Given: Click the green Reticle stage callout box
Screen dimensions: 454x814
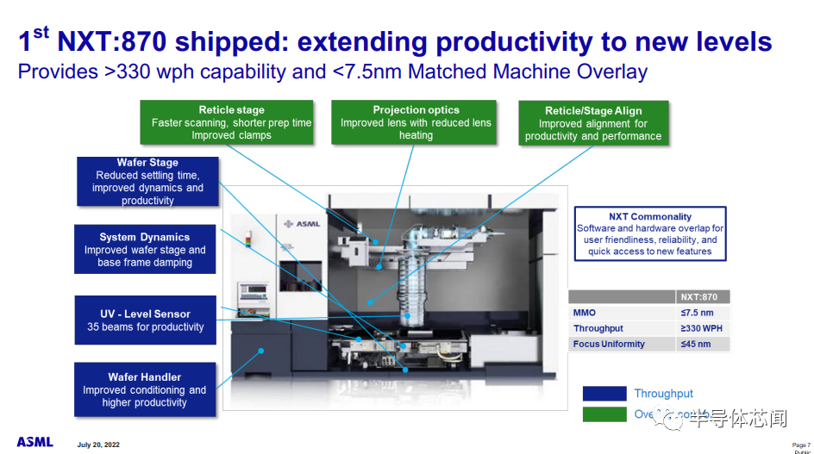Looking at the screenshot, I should pos(231,122).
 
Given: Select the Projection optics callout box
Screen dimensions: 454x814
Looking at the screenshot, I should pos(416,122).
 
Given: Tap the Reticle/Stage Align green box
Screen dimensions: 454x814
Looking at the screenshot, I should pos(593,123).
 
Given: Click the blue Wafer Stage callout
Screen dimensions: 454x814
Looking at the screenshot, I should pos(147,181).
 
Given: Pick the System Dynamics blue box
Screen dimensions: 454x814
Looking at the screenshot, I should pos(145,250).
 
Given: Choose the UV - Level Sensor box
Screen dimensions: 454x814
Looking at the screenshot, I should pos(145,320).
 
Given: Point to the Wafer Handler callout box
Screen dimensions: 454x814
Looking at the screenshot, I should pos(145,389).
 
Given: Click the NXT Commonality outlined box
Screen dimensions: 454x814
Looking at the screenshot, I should pos(651,233).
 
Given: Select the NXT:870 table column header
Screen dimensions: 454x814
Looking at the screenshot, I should pos(699,296).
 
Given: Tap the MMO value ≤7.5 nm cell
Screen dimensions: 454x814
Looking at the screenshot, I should pos(699,313).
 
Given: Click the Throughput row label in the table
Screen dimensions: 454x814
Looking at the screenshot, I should pos(598,328).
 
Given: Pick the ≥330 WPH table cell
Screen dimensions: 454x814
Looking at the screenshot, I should pos(699,328).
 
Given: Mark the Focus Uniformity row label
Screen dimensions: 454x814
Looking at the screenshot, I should pos(609,344).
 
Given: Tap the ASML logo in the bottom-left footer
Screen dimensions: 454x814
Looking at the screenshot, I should pos(35,442).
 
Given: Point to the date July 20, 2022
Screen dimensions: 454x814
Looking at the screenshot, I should pos(98,445).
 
